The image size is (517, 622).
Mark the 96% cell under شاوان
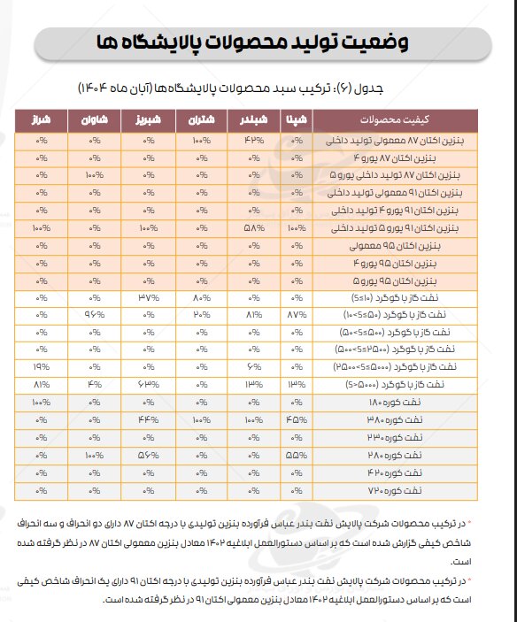point(95,315)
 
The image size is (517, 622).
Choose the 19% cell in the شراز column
point(42,367)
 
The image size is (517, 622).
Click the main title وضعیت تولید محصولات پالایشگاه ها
point(258,42)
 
